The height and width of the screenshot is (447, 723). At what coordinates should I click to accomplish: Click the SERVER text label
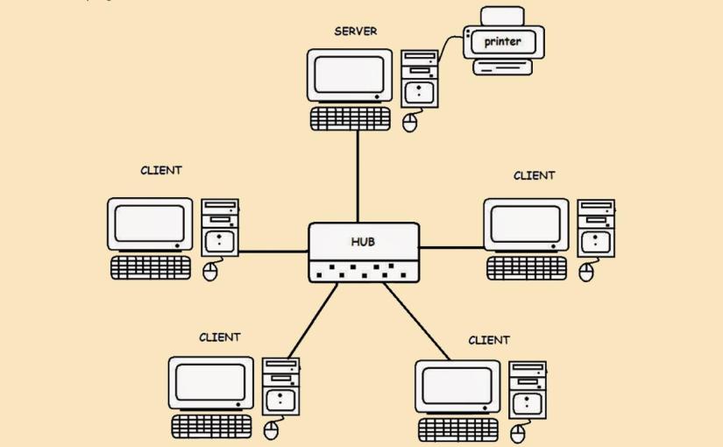point(355,32)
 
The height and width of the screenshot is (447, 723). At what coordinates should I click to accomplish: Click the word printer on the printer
point(502,41)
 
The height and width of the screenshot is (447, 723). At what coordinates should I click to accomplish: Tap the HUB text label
point(364,241)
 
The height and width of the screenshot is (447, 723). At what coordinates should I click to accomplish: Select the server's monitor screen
point(349,74)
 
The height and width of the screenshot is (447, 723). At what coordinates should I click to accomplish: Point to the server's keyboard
point(351,118)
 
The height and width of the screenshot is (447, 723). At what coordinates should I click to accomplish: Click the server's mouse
point(410,123)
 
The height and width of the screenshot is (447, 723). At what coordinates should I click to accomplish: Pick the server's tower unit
point(420,78)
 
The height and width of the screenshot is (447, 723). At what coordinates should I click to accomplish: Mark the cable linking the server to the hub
point(358,175)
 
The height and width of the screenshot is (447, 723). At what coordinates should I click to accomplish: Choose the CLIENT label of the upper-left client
point(161,170)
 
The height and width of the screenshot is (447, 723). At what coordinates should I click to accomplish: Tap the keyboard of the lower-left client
point(211,426)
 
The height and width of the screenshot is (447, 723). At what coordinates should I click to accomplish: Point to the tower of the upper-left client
point(220,227)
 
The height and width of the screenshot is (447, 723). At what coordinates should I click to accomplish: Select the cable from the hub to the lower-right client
point(416,321)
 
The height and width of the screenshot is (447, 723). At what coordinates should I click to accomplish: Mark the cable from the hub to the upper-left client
point(273,252)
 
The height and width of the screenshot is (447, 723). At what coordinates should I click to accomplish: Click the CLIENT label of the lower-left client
point(219,337)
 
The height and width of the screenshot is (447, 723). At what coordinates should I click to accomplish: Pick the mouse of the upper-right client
point(586,273)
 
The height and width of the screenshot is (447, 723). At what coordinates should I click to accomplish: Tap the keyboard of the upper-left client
point(150,267)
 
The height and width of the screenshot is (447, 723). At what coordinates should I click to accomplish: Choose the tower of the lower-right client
point(528,389)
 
